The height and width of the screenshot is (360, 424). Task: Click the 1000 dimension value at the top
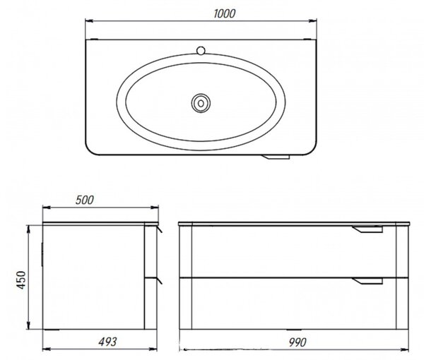pos(224,13)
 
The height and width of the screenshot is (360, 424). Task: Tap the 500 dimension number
pos(84,200)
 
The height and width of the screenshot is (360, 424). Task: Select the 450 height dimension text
pos(21,280)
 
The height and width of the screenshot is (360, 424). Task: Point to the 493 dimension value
pos(107,342)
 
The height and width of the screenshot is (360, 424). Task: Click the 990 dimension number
pos(298,342)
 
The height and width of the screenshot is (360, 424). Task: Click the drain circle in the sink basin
pos(201,103)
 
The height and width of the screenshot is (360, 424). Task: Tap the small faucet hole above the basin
pos(201,51)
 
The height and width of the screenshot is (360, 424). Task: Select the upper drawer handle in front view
pos(367,229)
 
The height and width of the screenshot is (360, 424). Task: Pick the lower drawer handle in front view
pos(367,281)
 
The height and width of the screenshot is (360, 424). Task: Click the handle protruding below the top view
pos(276,157)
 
